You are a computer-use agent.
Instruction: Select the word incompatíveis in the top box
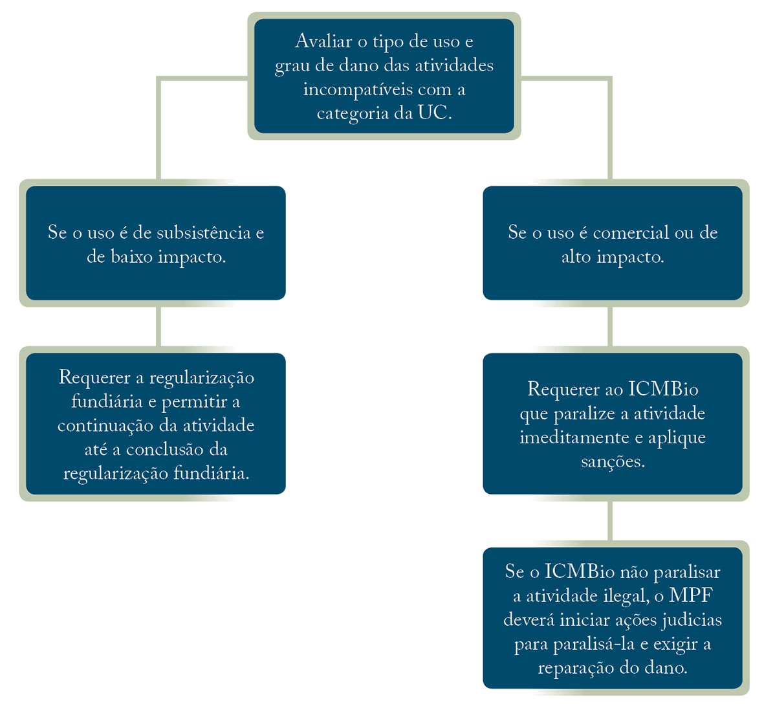point(355,90)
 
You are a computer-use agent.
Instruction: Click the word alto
point(576,256)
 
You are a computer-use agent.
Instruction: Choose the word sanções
point(613,462)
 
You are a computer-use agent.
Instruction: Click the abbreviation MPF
point(691,595)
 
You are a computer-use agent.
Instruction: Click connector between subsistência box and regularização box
point(158,326)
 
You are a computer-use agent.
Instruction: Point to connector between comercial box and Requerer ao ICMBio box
point(610,326)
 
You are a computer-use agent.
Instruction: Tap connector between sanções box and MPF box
point(610,521)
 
